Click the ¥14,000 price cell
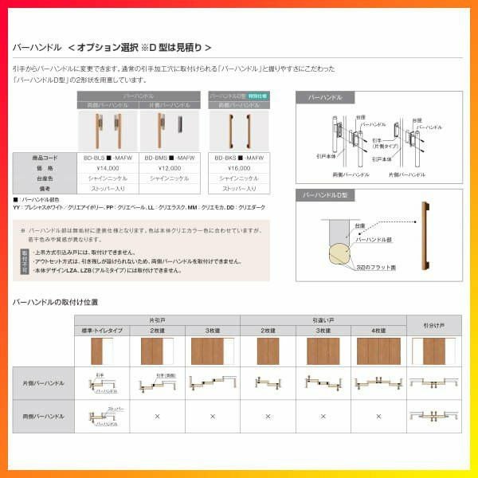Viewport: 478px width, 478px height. (x=108, y=169)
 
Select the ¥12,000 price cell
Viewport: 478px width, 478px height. (x=170, y=169)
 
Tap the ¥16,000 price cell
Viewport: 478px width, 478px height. (x=238, y=169)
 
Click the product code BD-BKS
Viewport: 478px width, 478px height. (x=238, y=159)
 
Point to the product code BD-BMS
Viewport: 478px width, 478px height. (x=170, y=159)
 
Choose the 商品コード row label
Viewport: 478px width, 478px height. (x=45, y=159)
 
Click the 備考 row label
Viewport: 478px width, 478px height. (x=45, y=189)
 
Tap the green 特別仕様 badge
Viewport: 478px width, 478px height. (x=258, y=96)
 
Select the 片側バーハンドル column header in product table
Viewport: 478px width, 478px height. (x=170, y=104)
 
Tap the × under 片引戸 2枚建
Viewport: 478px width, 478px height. (x=157, y=415)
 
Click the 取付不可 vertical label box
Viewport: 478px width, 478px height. (x=25, y=261)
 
